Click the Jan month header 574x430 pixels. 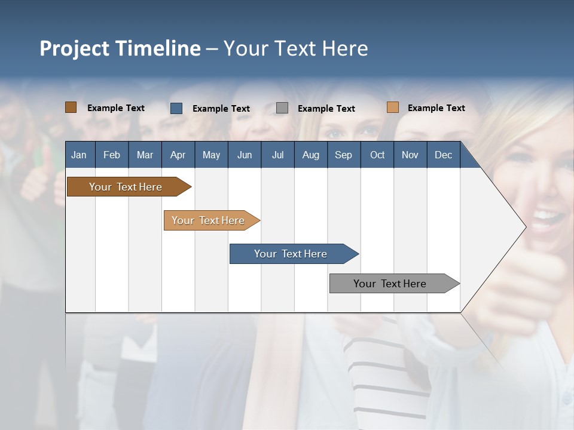click(x=79, y=155)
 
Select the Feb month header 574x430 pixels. click(x=112, y=155)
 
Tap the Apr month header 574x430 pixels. click(x=178, y=155)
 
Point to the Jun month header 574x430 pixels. click(x=245, y=155)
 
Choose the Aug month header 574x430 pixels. click(x=310, y=155)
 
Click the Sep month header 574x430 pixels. click(x=343, y=155)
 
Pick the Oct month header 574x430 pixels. click(x=377, y=155)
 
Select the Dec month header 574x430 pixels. click(x=443, y=155)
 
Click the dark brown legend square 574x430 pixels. click(x=71, y=107)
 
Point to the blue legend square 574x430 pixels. click(x=176, y=108)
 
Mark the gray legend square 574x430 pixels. click(x=282, y=108)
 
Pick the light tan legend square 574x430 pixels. click(x=393, y=107)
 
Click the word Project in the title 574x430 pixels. click(x=74, y=48)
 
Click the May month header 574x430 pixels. click(x=211, y=155)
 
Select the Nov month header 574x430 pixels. click(x=410, y=155)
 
